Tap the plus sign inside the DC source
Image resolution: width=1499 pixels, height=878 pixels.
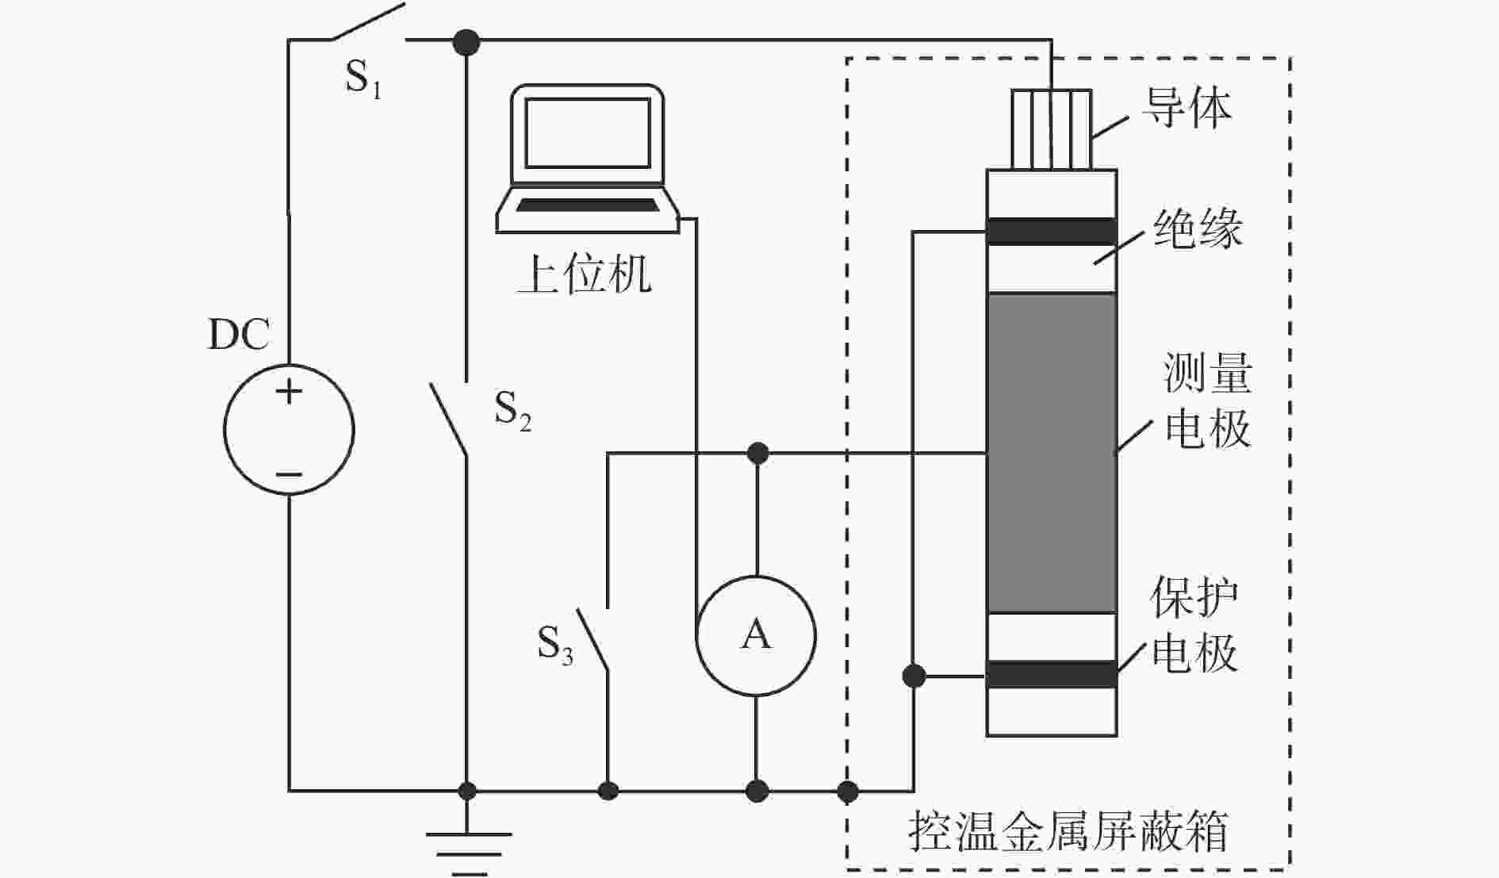(289, 391)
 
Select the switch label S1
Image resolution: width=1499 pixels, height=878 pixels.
(363, 79)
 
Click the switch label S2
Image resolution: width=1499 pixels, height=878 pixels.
(512, 410)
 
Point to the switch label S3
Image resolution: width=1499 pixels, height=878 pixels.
(554, 644)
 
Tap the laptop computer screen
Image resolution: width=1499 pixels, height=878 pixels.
(587, 133)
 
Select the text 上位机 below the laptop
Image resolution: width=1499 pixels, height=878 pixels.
(585, 274)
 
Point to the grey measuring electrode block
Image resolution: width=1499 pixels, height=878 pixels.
(1052, 453)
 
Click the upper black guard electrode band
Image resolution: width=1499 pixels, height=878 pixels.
(1052, 232)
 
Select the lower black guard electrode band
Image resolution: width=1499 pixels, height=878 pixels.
(1052, 674)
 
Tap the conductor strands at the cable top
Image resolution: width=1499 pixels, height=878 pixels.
(1051, 130)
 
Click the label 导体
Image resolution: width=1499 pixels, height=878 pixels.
(1187, 108)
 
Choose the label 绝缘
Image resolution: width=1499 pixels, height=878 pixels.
(1198, 229)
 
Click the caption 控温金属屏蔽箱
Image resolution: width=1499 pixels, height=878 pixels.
(1068, 830)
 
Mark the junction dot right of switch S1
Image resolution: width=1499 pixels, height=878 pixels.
(466, 41)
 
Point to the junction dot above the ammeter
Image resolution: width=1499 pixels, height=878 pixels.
(757, 453)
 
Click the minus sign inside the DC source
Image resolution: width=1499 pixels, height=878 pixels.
(289, 475)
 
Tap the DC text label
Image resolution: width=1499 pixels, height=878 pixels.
(239, 335)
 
